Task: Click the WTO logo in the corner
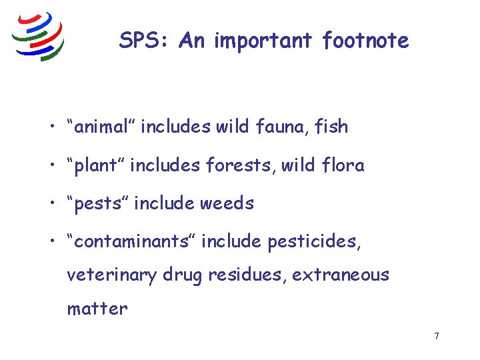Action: (x=39, y=37)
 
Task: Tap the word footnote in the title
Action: (x=365, y=41)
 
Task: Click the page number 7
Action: (x=437, y=336)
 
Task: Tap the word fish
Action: (x=332, y=126)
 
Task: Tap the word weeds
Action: (x=231, y=203)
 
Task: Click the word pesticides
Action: (x=314, y=241)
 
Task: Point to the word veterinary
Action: (x=110, y=275)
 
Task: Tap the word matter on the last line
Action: (x=97, y=308)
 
